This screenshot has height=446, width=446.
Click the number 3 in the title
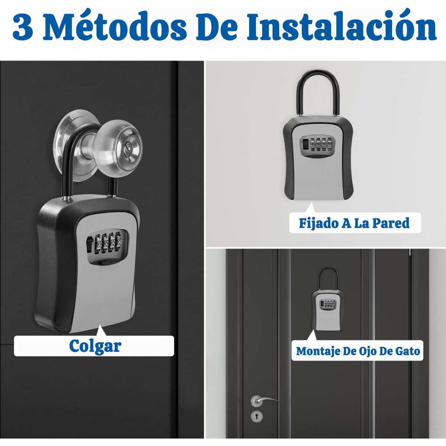pyautogui.click(x=23, y=28)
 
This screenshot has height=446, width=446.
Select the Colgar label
pyautogui.click(x=95, y=346)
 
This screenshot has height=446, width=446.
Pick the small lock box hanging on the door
pyautogui.click(x=329, y=308)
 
